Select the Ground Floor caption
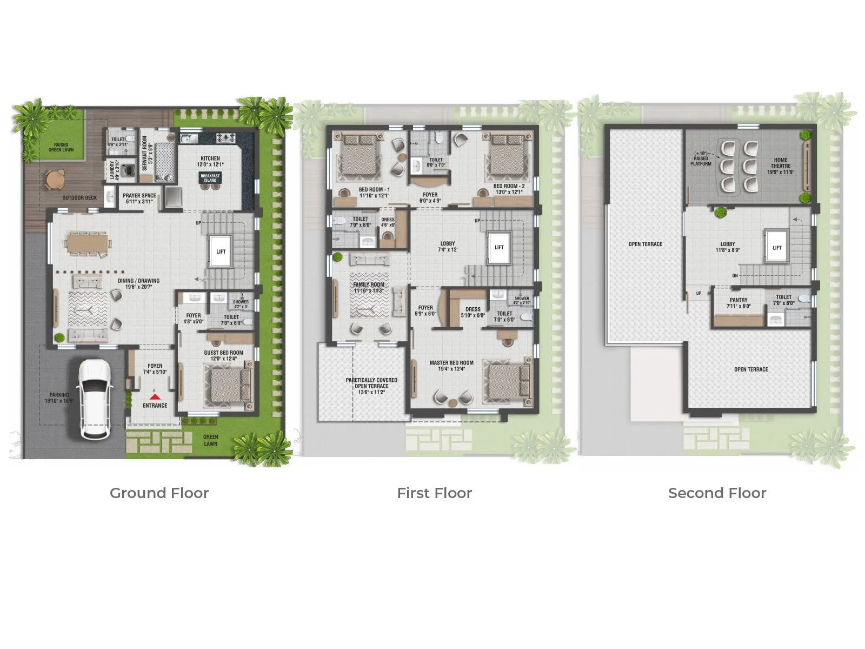coord(159,493)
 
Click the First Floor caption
coord(434,493)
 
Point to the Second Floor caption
coord(717,493)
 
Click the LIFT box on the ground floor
coord(221,251)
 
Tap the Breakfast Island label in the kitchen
coord(210,178)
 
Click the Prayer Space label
coord(139,198)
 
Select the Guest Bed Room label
coord(223,355)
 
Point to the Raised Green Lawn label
coord(61,147)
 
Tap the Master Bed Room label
coord(451,366)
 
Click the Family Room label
coord(369,287)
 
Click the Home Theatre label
coord(780,165)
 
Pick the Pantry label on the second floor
coord(738,303)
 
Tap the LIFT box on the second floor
coord(776,248)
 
